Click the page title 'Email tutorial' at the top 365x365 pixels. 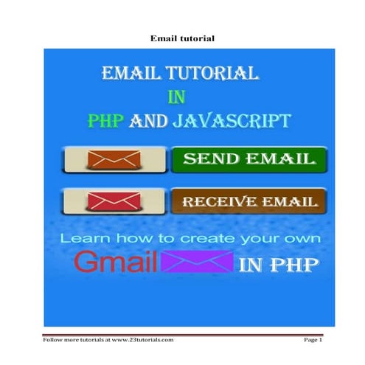tap(181, 38)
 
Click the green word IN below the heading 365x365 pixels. tap(175, 97)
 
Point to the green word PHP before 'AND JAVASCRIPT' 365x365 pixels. tap(105, 121)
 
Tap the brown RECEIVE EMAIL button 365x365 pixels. tap(246, 201)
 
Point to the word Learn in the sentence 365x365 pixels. tap(83, 239)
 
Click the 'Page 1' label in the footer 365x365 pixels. tap(313, 339)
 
